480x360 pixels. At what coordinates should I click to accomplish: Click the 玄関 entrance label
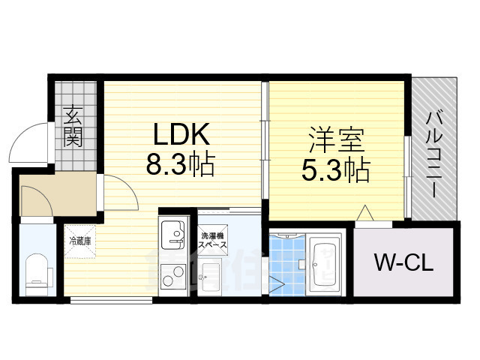coord(73,127)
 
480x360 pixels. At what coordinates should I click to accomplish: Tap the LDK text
coord(180,135)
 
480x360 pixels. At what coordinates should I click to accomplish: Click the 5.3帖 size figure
coord(336,172)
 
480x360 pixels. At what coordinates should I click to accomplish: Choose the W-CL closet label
coord(403,263)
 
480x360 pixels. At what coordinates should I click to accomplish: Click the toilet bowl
coord(37,274)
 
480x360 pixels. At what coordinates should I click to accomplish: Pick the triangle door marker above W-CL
coord(365,214)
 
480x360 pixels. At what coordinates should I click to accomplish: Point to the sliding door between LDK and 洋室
coord(264,142)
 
